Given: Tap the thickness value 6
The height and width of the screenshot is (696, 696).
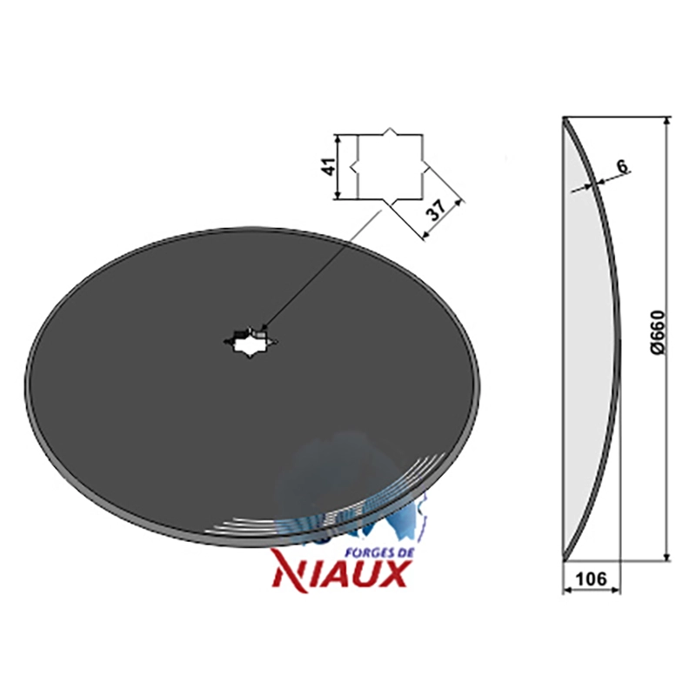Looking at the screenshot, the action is coord(623,166).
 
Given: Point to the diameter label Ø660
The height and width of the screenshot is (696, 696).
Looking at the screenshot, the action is coord(659,332).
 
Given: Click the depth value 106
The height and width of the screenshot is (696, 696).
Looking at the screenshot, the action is coord(591,579).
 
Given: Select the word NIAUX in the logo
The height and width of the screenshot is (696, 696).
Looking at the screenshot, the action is coord(340,575).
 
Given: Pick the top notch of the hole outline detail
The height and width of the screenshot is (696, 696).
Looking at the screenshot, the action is coord(389,131).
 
